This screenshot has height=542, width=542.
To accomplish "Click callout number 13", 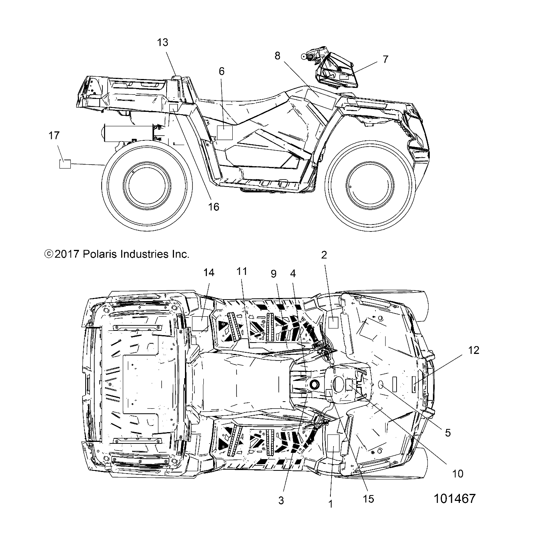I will point(163,43).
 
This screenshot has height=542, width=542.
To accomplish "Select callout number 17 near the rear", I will point(54,136).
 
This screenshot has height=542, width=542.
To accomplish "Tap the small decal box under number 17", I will point(65,164).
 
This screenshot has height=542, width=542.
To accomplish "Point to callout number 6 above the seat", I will point(222,71).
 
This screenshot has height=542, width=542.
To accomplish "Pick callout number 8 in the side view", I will point(277,56).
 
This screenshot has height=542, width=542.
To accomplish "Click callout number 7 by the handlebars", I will point(385,59).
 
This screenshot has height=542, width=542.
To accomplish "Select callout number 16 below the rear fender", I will point(214,206).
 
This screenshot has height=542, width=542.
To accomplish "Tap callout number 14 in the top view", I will point(209,273).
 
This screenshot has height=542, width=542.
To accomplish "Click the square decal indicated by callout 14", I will point(200,324).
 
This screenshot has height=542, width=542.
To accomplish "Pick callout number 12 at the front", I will point(474,350).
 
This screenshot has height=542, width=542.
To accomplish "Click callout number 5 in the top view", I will point(448,433).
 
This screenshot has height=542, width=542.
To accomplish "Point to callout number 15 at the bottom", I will point(368,499).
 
